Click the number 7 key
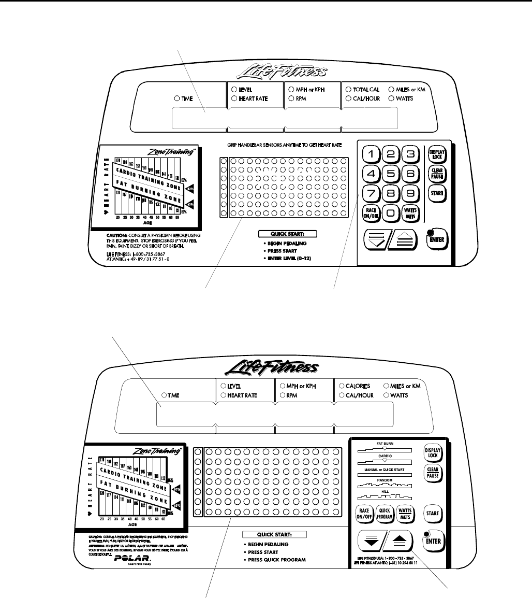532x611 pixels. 372,194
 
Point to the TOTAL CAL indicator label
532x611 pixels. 366,90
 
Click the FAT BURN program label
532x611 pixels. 382,443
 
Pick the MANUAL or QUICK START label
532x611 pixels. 382,468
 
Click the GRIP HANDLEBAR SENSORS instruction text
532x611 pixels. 284,147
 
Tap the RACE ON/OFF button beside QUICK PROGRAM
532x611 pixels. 364,513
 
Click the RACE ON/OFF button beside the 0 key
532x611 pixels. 372,213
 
